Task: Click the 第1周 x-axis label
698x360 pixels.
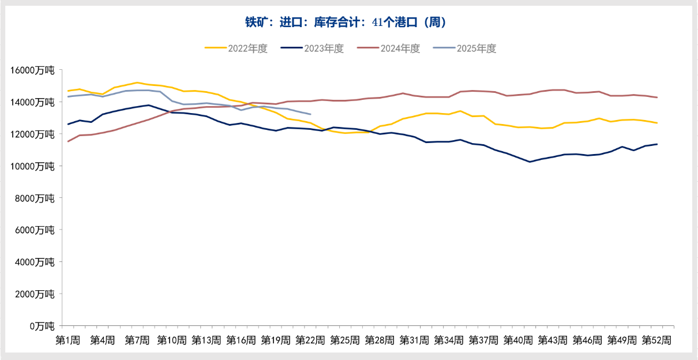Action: point(68,340)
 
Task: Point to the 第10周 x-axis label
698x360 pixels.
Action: point(172,340)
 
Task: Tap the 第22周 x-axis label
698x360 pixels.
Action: point(310,340)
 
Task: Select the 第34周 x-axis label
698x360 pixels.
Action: point(449,340)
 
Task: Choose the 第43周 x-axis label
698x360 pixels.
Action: point(553,340)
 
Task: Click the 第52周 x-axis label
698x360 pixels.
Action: point(656,340)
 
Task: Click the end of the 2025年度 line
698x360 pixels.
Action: point(310,114)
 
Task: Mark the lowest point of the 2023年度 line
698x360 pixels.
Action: point(530,162)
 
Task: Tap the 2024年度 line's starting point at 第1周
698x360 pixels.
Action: point(68,141)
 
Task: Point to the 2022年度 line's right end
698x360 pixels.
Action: point(657,123)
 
